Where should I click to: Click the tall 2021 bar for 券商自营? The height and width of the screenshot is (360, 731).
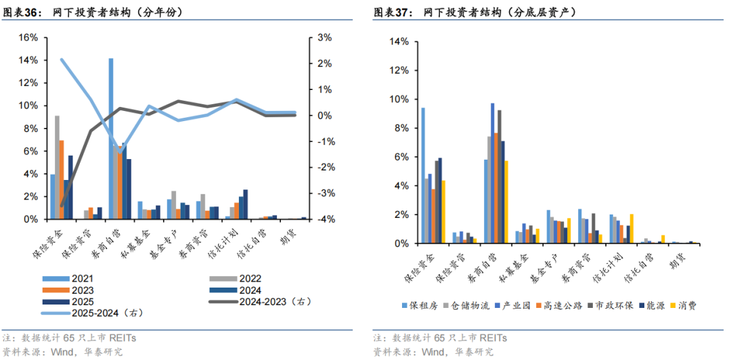point(111,139)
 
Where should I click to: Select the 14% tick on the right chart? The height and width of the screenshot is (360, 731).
point(399,42)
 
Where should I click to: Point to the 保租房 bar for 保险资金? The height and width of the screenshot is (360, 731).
point(424,175)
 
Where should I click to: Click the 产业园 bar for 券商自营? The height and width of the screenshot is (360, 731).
point(493,173)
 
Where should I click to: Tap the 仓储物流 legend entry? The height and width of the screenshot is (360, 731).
point(466,305)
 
